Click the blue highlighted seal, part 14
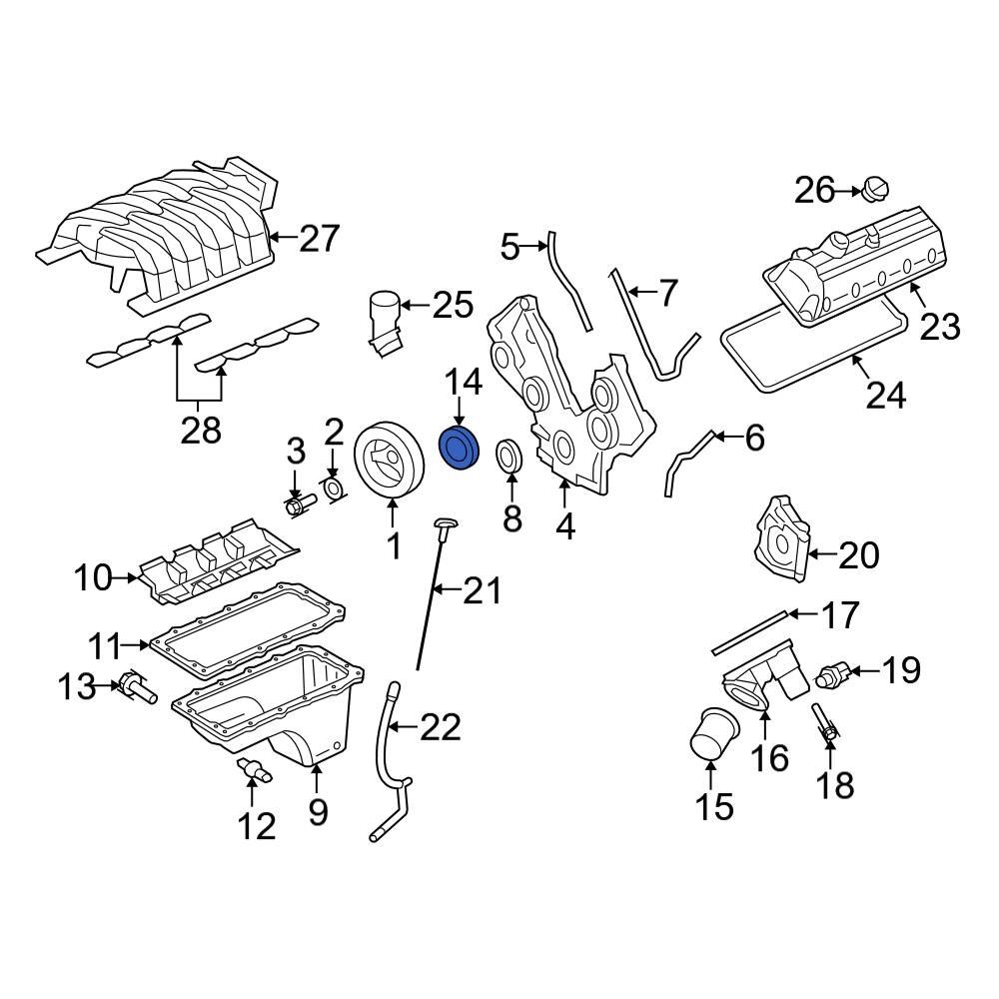pos(461,447)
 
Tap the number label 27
pos(319,239)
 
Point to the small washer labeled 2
pos(337,488)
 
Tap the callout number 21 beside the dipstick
pos(481,592)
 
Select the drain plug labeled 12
pos(255,770)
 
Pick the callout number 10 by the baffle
pos(94,576)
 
